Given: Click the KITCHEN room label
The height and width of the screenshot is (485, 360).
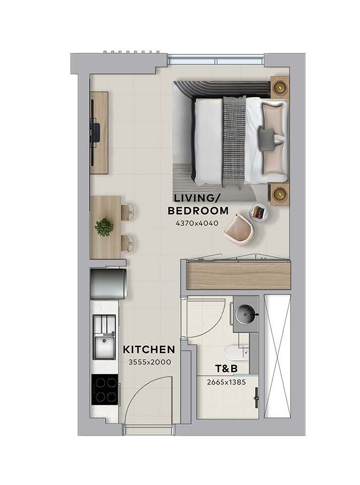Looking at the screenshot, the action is coord(149,350).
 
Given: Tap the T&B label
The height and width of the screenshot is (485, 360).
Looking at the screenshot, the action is coord(226,369).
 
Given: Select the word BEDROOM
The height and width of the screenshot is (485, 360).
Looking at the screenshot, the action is coord(198,211).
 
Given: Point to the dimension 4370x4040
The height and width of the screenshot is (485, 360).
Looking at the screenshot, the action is coord(197,223).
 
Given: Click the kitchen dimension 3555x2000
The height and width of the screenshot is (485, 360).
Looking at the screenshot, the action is coord(150,362).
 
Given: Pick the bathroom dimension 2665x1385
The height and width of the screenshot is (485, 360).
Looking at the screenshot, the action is coord(226,382).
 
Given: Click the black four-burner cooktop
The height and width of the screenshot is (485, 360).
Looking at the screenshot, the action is coord(104,389).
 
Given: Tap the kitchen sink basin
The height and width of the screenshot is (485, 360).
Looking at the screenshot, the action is coord(104,347).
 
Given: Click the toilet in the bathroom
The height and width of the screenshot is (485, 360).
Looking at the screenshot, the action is coord(236,352).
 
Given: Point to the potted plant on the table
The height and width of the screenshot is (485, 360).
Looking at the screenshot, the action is coord(104,227).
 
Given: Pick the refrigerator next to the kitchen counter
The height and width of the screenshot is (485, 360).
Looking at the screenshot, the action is coord(108,284).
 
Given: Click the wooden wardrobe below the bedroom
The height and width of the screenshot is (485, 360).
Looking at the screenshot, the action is coord(239,274).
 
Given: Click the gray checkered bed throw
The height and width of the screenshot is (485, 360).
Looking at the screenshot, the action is coord(234,141).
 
